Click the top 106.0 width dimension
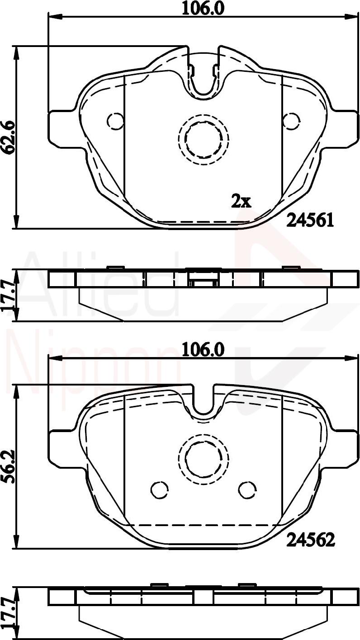click(203, 8)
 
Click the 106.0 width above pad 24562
click(203, 349)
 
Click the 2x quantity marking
click(241, 201)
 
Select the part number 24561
click(310, 221)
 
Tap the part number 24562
click(310, 539)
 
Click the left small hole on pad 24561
click(115, 120)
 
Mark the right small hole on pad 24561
click(291, 120)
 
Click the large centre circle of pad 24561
click(204, 137)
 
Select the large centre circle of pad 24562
click(204, 459)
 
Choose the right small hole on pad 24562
click(247, 490)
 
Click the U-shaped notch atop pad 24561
click(204, 79)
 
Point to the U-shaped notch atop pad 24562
click(204, 402)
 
